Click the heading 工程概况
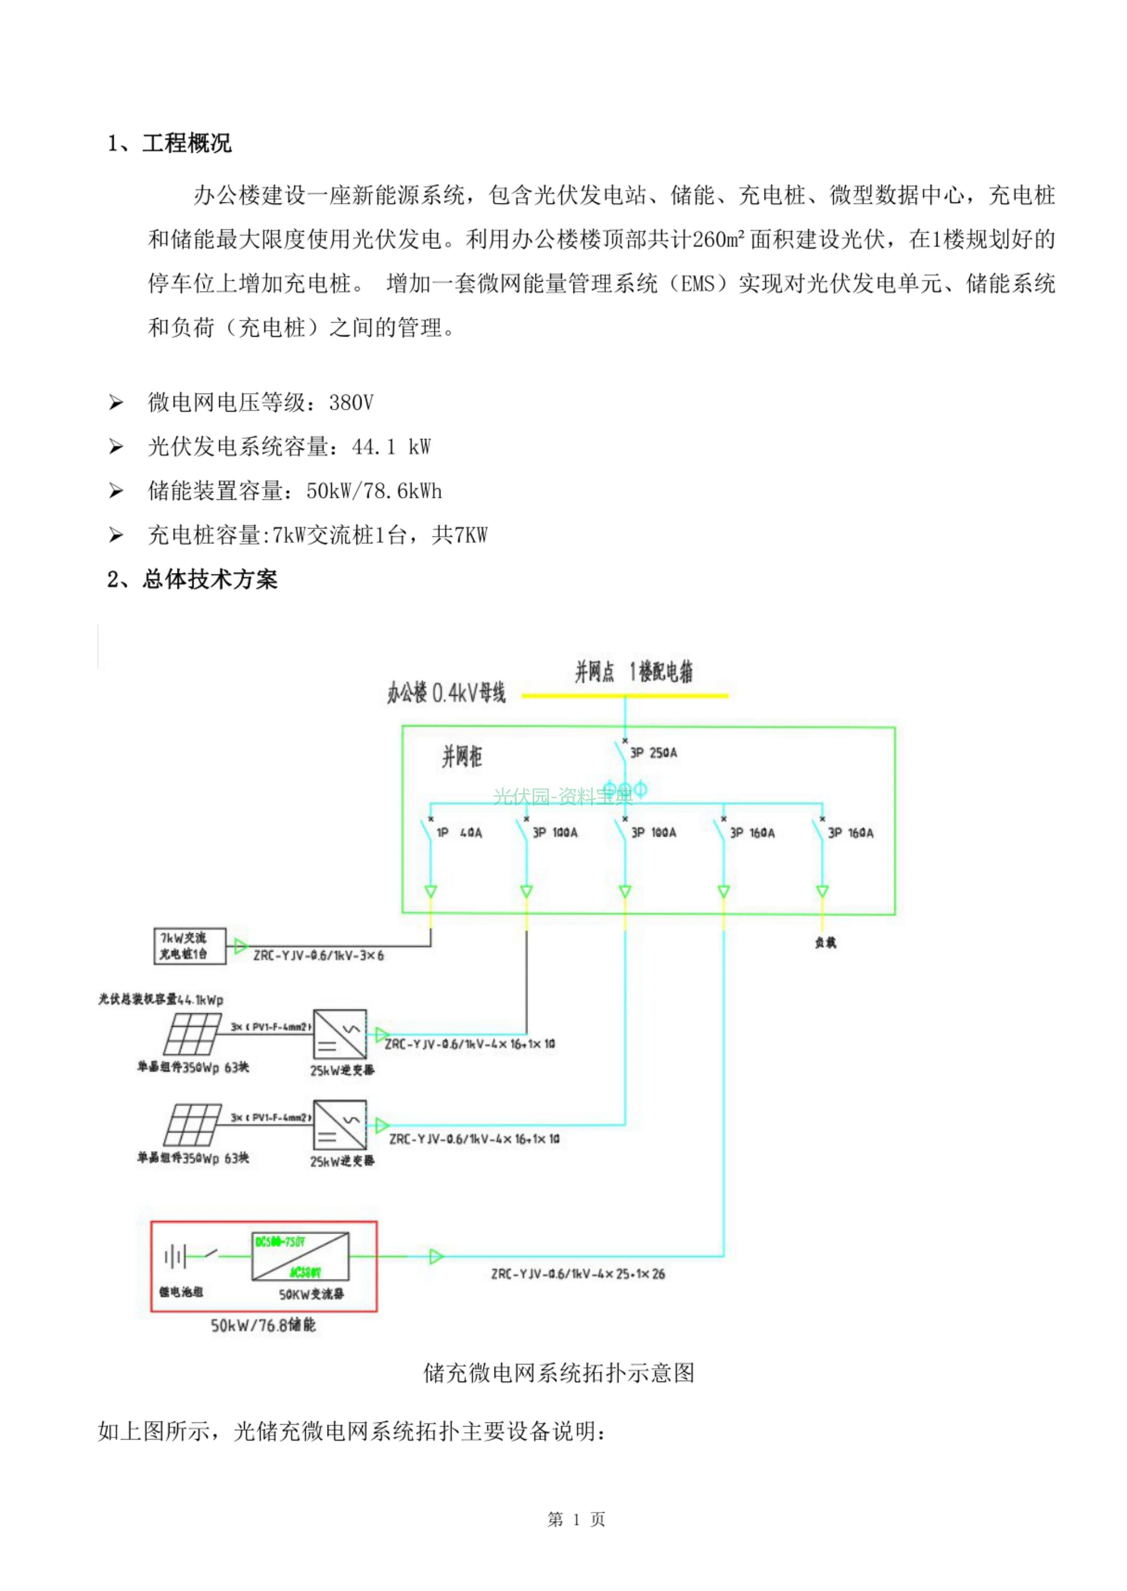tap(186, 143)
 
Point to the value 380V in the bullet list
tap(351, 402)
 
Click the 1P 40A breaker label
tap(459, 832)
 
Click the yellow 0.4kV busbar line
tap(625, 695)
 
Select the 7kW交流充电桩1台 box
tap(189, 946)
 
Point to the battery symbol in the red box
tap(175, 1256)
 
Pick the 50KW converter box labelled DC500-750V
tap(300, 1257)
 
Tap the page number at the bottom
tap(576, 1520)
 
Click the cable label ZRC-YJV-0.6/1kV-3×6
tap(318, 955)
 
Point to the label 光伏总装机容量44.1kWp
tap(161, 999)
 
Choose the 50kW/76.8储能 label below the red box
tap(263, 1325)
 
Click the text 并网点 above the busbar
tap(594, 672)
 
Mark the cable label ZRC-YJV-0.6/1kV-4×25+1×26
tap(578, 1274)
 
